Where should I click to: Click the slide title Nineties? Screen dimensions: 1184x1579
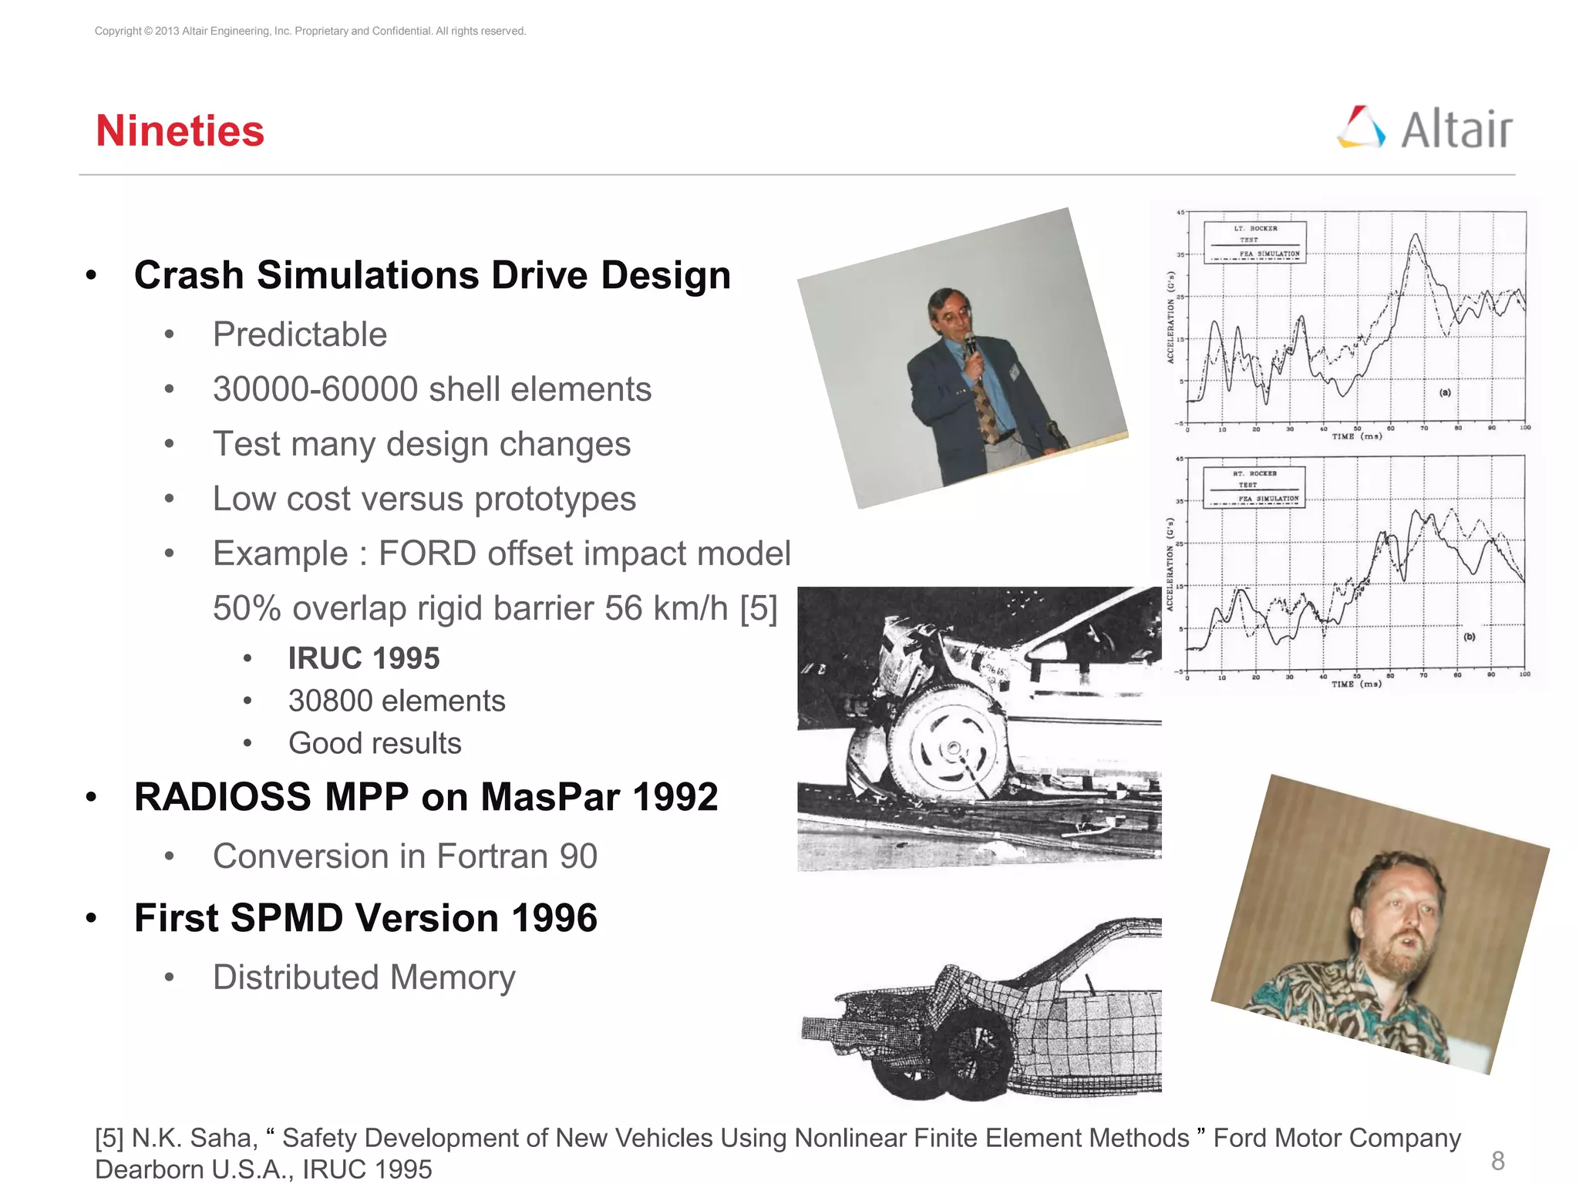click(180, 131)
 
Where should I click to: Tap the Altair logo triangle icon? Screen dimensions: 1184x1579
click(1361, 127)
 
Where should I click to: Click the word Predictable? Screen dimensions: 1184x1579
click(300, 335)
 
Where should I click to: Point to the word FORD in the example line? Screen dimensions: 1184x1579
click(427, 553)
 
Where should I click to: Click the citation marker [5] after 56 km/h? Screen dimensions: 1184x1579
click(758, 608)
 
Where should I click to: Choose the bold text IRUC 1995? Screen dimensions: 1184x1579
click(364, 658)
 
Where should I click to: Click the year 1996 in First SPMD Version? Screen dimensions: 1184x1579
click(554, 918)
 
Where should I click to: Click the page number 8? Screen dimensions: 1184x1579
click(1497, 1160)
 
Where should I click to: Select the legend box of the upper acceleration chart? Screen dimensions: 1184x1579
click(1255, 242)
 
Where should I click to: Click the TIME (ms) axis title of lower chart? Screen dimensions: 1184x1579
click(1356, 684)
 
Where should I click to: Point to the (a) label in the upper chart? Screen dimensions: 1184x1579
click(1445, 392)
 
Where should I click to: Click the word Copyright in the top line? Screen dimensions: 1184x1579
click(118, 31)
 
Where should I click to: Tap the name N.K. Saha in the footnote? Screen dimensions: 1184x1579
click(194, 1138)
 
